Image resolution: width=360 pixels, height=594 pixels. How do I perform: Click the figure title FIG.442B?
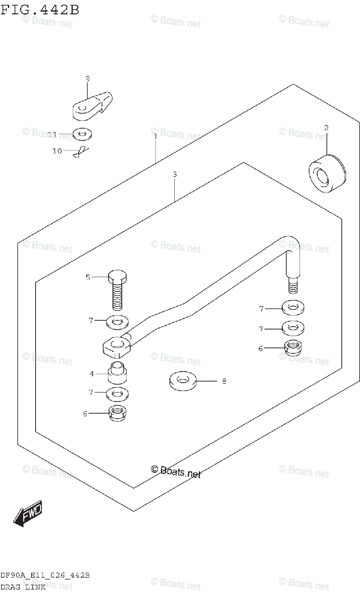coord(40,10)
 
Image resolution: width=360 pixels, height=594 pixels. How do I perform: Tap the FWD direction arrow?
coord(29,514)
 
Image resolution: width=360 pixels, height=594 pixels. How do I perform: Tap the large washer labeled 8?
coord(182,381)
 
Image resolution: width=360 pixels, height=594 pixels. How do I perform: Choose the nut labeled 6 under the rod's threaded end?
coord(293,347)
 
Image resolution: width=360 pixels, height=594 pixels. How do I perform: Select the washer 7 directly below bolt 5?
coord(117,322)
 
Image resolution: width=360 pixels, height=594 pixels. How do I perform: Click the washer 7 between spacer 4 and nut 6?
coord(117,394)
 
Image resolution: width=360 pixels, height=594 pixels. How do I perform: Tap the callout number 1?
coord(155,135)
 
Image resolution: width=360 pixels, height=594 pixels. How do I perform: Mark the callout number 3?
coord(175,174)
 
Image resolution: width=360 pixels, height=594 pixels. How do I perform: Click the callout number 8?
coord(224,381)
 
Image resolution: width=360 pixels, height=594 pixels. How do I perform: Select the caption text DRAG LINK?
coord(23,587)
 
